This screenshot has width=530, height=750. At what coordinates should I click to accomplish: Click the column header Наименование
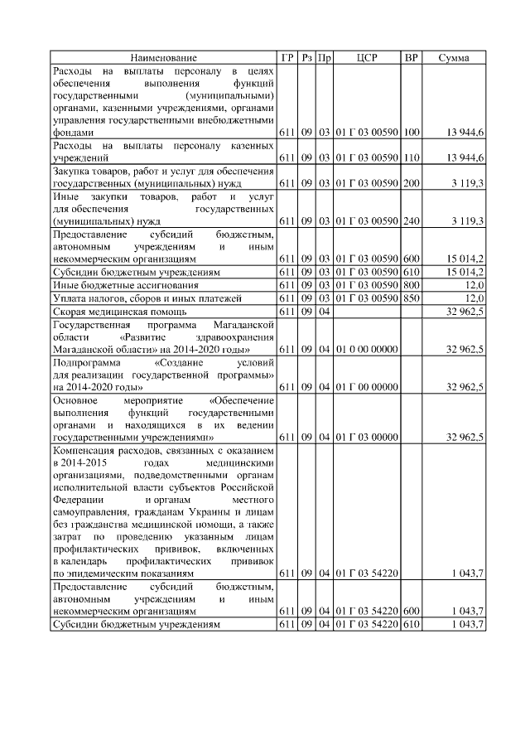163,58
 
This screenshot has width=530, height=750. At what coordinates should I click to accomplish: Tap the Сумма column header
454,58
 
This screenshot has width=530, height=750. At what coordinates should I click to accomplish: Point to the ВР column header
412,58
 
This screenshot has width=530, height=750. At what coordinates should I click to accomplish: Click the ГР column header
287,58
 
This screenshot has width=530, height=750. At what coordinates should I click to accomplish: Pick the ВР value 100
412,133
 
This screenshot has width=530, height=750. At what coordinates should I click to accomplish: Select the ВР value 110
412,157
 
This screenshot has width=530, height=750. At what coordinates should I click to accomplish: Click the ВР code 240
412,221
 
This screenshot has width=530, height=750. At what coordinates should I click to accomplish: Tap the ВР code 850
412,298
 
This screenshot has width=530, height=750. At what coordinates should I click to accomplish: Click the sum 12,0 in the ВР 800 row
473,285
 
